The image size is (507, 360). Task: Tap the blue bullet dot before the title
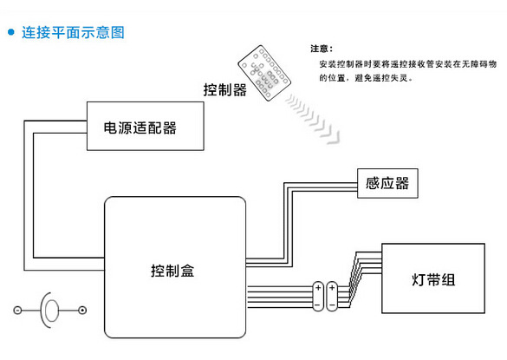[11, 33]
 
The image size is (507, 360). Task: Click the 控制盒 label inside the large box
[172, 270]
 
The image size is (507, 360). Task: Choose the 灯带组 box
[432, 280]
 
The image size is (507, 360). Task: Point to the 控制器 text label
[224, 89]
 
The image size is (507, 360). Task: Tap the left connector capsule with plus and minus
[318, 295]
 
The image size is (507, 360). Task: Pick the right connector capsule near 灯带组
[334, 295]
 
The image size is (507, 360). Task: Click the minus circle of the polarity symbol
[18, 311]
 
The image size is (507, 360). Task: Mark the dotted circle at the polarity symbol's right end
[82, 311]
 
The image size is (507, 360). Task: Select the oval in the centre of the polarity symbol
[51, 311]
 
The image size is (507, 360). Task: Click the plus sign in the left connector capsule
[318, 287]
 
